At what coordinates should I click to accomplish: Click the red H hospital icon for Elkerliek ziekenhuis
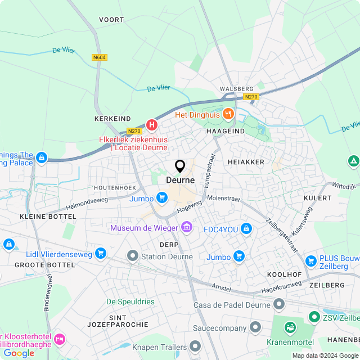click(151, 124)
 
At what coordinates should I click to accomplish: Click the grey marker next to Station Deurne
click(133, 256)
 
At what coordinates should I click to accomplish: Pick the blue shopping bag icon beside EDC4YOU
click(246, 229)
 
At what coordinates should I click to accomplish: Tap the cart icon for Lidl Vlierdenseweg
click(101, 254)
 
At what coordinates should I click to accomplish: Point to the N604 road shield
click(99, 57)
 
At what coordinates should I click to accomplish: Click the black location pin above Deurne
click(180, 166)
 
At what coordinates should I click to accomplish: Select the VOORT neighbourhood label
click(111, 20)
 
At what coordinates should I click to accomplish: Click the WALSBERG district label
click(237, 89)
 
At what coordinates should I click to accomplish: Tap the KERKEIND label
click(113, 119)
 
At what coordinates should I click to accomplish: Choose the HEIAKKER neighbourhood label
click(246, 162)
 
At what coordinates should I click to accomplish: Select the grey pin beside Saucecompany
click(255, 327)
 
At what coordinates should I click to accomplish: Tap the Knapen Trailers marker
click(195, 346)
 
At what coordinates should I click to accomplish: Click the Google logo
click(19, 353)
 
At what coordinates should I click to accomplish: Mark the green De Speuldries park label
click(130, 301)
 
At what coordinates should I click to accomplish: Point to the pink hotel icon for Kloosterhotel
click(59, 339)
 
